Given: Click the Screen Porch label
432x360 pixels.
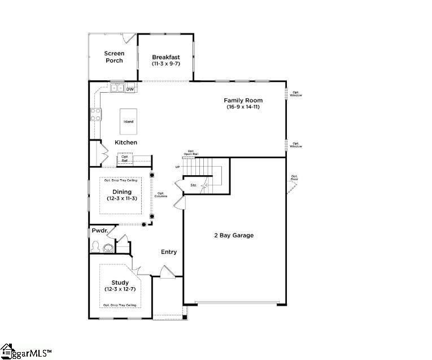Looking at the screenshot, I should coord(114,57).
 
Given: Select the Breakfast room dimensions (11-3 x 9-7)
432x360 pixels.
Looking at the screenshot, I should coord(166,64).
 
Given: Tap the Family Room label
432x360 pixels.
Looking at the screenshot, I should coord(243,101).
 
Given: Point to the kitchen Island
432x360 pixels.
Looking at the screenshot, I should coord(129,122).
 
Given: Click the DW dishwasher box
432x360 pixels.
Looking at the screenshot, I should coord(130,89).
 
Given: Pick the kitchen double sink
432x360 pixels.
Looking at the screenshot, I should coord(117,88).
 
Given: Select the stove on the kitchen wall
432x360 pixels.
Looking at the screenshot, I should coord(95,115).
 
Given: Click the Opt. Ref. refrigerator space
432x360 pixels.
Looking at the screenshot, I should coord(125,159).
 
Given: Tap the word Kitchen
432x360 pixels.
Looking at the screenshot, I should coord(126,142).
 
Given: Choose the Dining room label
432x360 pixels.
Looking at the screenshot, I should coord(122,192).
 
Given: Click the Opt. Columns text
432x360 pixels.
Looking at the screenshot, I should coord(162,194).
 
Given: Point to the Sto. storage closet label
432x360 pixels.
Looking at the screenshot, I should coord(193,185).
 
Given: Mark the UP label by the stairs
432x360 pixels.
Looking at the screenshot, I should coord(177,167).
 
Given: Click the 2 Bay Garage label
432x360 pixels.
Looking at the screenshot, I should coord(233,235).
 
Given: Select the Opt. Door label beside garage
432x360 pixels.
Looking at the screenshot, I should coord(294,178).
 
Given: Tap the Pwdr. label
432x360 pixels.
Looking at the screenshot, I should coord(100,231).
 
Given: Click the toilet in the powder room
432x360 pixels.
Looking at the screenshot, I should coord(97,246).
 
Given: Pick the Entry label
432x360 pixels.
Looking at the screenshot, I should coord(169,252).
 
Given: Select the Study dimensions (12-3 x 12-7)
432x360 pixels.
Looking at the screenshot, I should coord(120,289).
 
